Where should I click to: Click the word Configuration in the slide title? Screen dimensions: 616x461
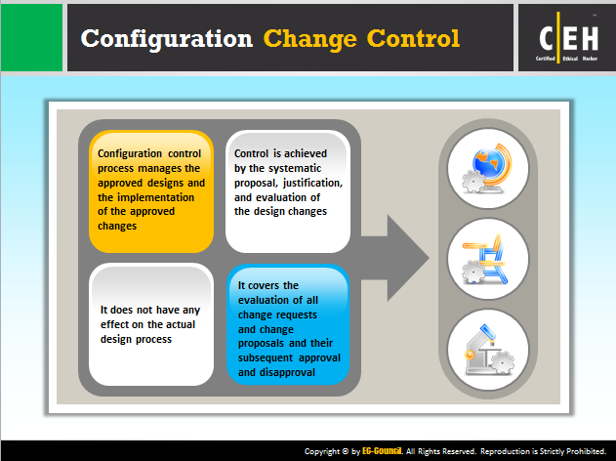click(167, 39)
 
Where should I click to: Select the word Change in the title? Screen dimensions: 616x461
click(310, 39)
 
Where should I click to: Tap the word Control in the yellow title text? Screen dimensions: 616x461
click(413, 38)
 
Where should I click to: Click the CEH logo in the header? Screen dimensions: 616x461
click(568, 38)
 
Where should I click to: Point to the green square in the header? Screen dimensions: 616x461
click(31, 38)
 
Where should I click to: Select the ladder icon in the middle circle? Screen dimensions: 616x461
click(485, 259)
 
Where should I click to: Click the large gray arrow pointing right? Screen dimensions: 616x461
click(394, 258)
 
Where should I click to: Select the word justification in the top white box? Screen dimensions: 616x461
click(312, 184)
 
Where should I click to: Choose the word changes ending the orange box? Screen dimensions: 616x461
click(117, 226)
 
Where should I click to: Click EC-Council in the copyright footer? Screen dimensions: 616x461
click(383, 451)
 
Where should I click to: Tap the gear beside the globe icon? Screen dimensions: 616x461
click(473, 182)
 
